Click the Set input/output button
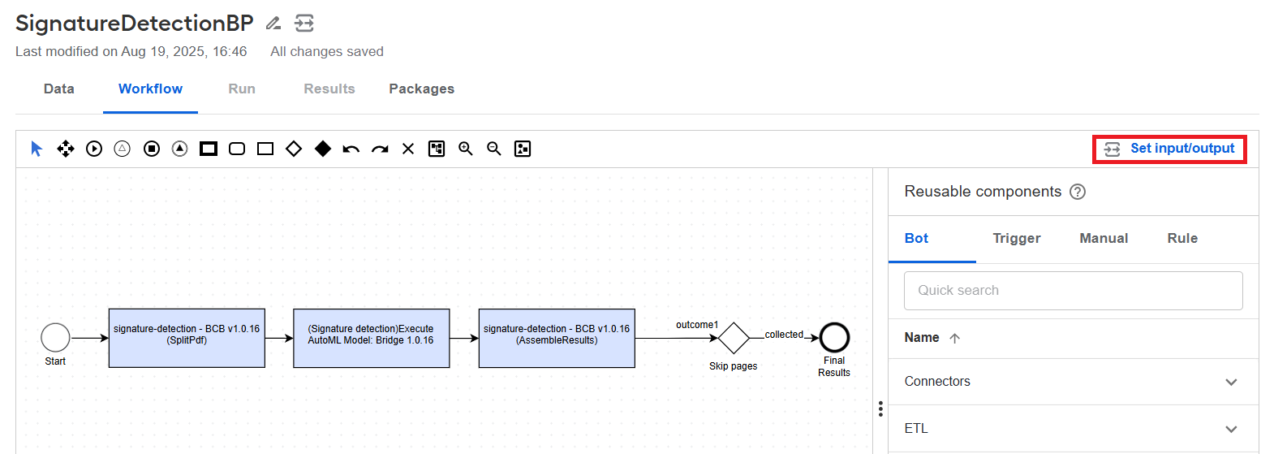point(1169,149)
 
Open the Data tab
point(59,89)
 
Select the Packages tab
point(421,89)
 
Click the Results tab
point(329,89)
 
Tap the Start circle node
point(55,338)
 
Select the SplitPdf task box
point(187,338)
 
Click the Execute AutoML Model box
point(372,338)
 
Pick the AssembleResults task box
point(557,338)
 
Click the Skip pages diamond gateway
point(734,338)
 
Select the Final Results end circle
point(834,338)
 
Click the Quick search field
point(1074,291)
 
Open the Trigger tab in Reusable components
point(1016,239)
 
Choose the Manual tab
point(1104,239)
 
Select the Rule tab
point(1182,239)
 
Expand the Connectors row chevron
point(1231,382)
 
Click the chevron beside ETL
point(1231,429)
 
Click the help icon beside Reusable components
point(1077,192)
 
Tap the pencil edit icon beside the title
point(273,24)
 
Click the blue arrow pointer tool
point(37,149)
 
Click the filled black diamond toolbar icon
point(322,149)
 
